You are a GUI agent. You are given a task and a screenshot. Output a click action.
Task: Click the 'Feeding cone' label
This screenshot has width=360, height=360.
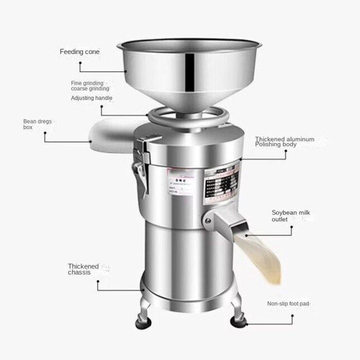click(80, 52)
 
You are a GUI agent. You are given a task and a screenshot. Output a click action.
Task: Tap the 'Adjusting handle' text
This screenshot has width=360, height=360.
click(92, 98)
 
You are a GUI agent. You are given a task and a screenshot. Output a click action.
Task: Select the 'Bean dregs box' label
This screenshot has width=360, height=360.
click(37, 124)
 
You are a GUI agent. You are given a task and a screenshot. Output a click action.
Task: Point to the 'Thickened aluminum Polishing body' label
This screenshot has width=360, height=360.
click(284, 141)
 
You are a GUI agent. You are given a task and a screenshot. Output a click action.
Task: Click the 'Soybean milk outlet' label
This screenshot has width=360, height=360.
click(291, 216)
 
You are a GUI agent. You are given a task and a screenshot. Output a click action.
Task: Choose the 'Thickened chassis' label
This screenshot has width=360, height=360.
click(83, 269)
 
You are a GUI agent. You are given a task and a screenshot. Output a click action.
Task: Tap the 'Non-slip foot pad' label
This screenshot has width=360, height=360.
click(288, 304)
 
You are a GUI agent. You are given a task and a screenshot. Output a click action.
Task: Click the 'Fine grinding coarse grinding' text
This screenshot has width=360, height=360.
click(90, 85)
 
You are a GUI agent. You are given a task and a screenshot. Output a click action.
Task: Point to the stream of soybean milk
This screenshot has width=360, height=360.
click(262, 257)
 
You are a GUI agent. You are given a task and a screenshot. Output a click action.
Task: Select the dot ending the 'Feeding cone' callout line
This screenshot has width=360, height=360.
click(80, 64)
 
